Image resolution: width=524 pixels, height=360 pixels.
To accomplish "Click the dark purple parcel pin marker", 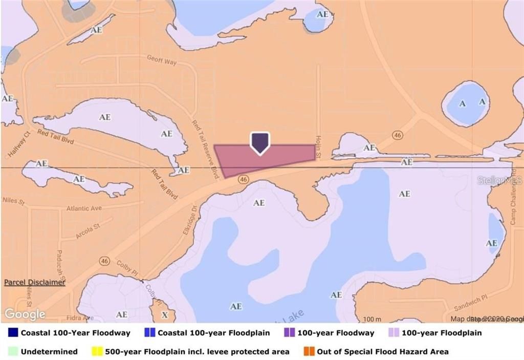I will pyautogui.click(x=259, y=142).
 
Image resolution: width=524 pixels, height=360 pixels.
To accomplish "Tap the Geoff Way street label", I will pyautogui.click(x=161, y=60).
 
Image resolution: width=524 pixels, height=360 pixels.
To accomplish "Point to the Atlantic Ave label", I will pyautogui.click(x=84, y=208).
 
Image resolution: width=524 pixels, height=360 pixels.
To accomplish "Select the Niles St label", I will pyautogui.click(x=13, y=202).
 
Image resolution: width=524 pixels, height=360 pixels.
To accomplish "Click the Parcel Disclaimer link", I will pyautogui.click(x=35, y=282).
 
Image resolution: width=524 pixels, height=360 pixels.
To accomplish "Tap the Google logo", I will pyautogui.click(x=25, y=313).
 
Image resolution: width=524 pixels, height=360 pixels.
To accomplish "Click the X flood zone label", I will pyautogui.click(x=164, y=314).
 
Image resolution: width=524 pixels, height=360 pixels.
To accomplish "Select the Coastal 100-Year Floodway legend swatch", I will pyautogui.click(x=13, y=332).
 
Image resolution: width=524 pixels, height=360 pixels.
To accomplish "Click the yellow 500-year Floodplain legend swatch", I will pyautogui.click(x=97, y=352).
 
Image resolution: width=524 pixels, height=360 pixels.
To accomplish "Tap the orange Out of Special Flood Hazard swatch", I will pyautogui.click(x=309, y=352).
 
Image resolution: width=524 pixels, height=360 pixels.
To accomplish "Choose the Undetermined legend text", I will pyautogui.click(x=50, y=352).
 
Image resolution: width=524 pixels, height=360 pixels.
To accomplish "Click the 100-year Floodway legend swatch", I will pyautogui.click(x=289, y=332).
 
